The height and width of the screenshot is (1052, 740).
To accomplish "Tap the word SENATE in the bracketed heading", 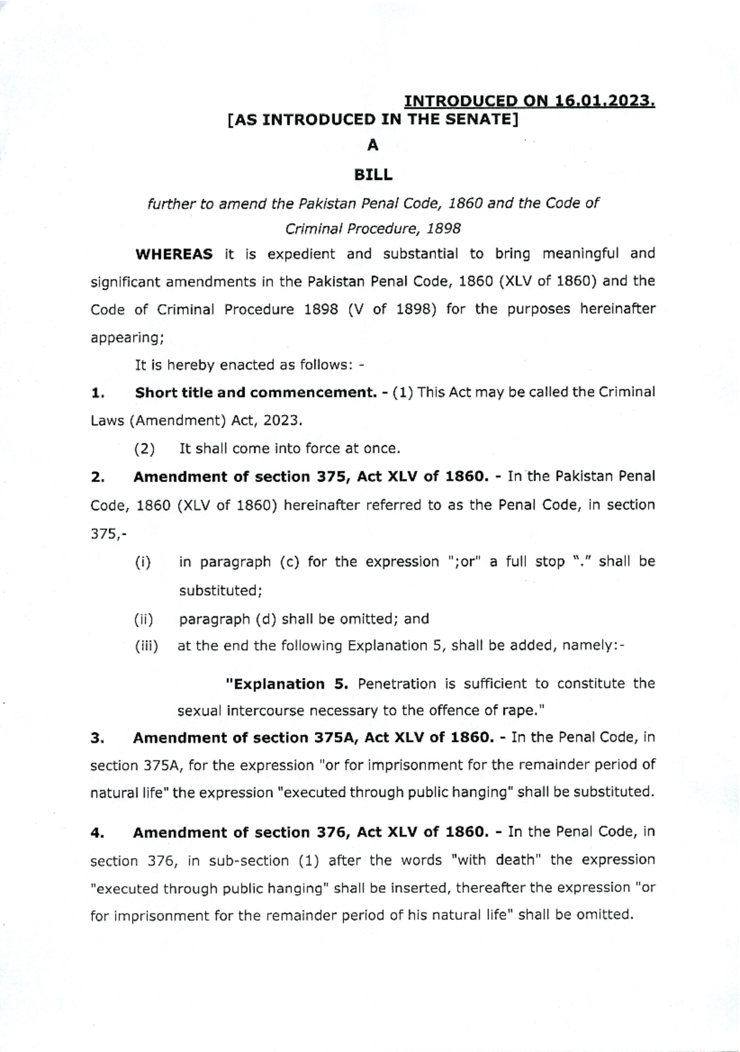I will tap(480, 119).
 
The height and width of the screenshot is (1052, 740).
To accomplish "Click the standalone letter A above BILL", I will tap(372, 146).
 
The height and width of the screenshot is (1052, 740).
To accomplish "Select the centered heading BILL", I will tap(373, 175).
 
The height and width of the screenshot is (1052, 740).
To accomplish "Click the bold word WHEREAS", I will tap(174, 254).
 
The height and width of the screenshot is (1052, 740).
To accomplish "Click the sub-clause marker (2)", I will tap(145, 449).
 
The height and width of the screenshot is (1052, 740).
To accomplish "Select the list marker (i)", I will tap(143, 563).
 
